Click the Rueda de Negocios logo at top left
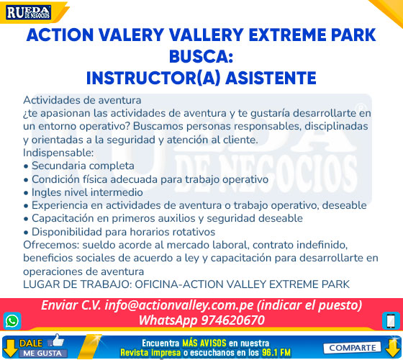[x=29, y=13]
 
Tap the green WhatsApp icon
[x=12, y=321]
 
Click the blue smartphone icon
[x=391, y=321]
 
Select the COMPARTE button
[x=352, y=348]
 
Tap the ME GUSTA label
[x=42, y=354]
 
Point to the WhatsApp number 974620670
[x=232, y=320]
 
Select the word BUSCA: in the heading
[x=201, y=57]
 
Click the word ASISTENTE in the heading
[x=271, y=78]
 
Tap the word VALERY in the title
[x=131, y=35]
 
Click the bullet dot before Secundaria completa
[x=26, y=166]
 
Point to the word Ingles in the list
[x=47, y=193]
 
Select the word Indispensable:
[x=58, y=153]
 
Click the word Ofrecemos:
[x=51, y=245]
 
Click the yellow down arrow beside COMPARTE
[x=392, y=347]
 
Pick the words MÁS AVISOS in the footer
[x=204, y=343]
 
